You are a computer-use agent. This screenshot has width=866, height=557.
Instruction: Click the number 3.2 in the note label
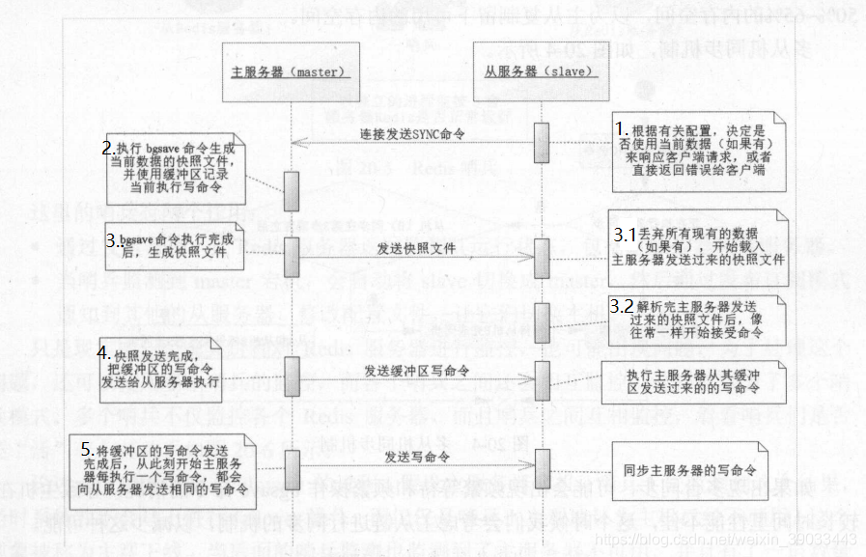(622, 305)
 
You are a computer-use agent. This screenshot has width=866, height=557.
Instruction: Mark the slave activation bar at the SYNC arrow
(541, 136)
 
